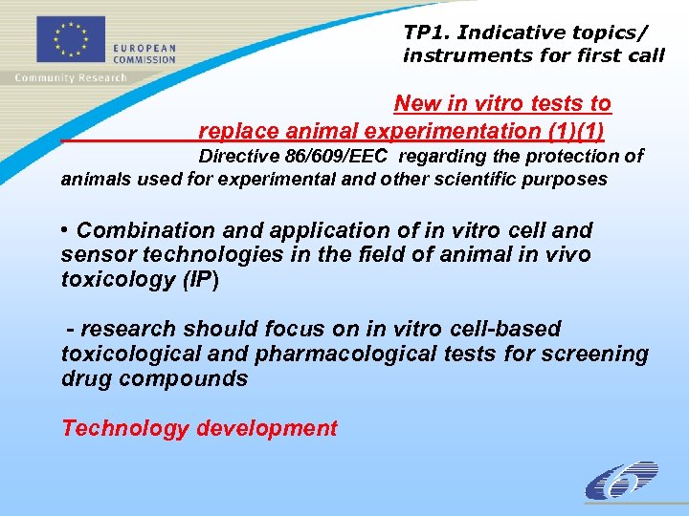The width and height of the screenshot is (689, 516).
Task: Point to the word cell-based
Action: pyautogui.click(x=505, y=329)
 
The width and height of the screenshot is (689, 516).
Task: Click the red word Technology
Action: pyautogui.click(x=124, y=428)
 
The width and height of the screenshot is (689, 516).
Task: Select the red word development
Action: pyautogui.click(x=267, y=428)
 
